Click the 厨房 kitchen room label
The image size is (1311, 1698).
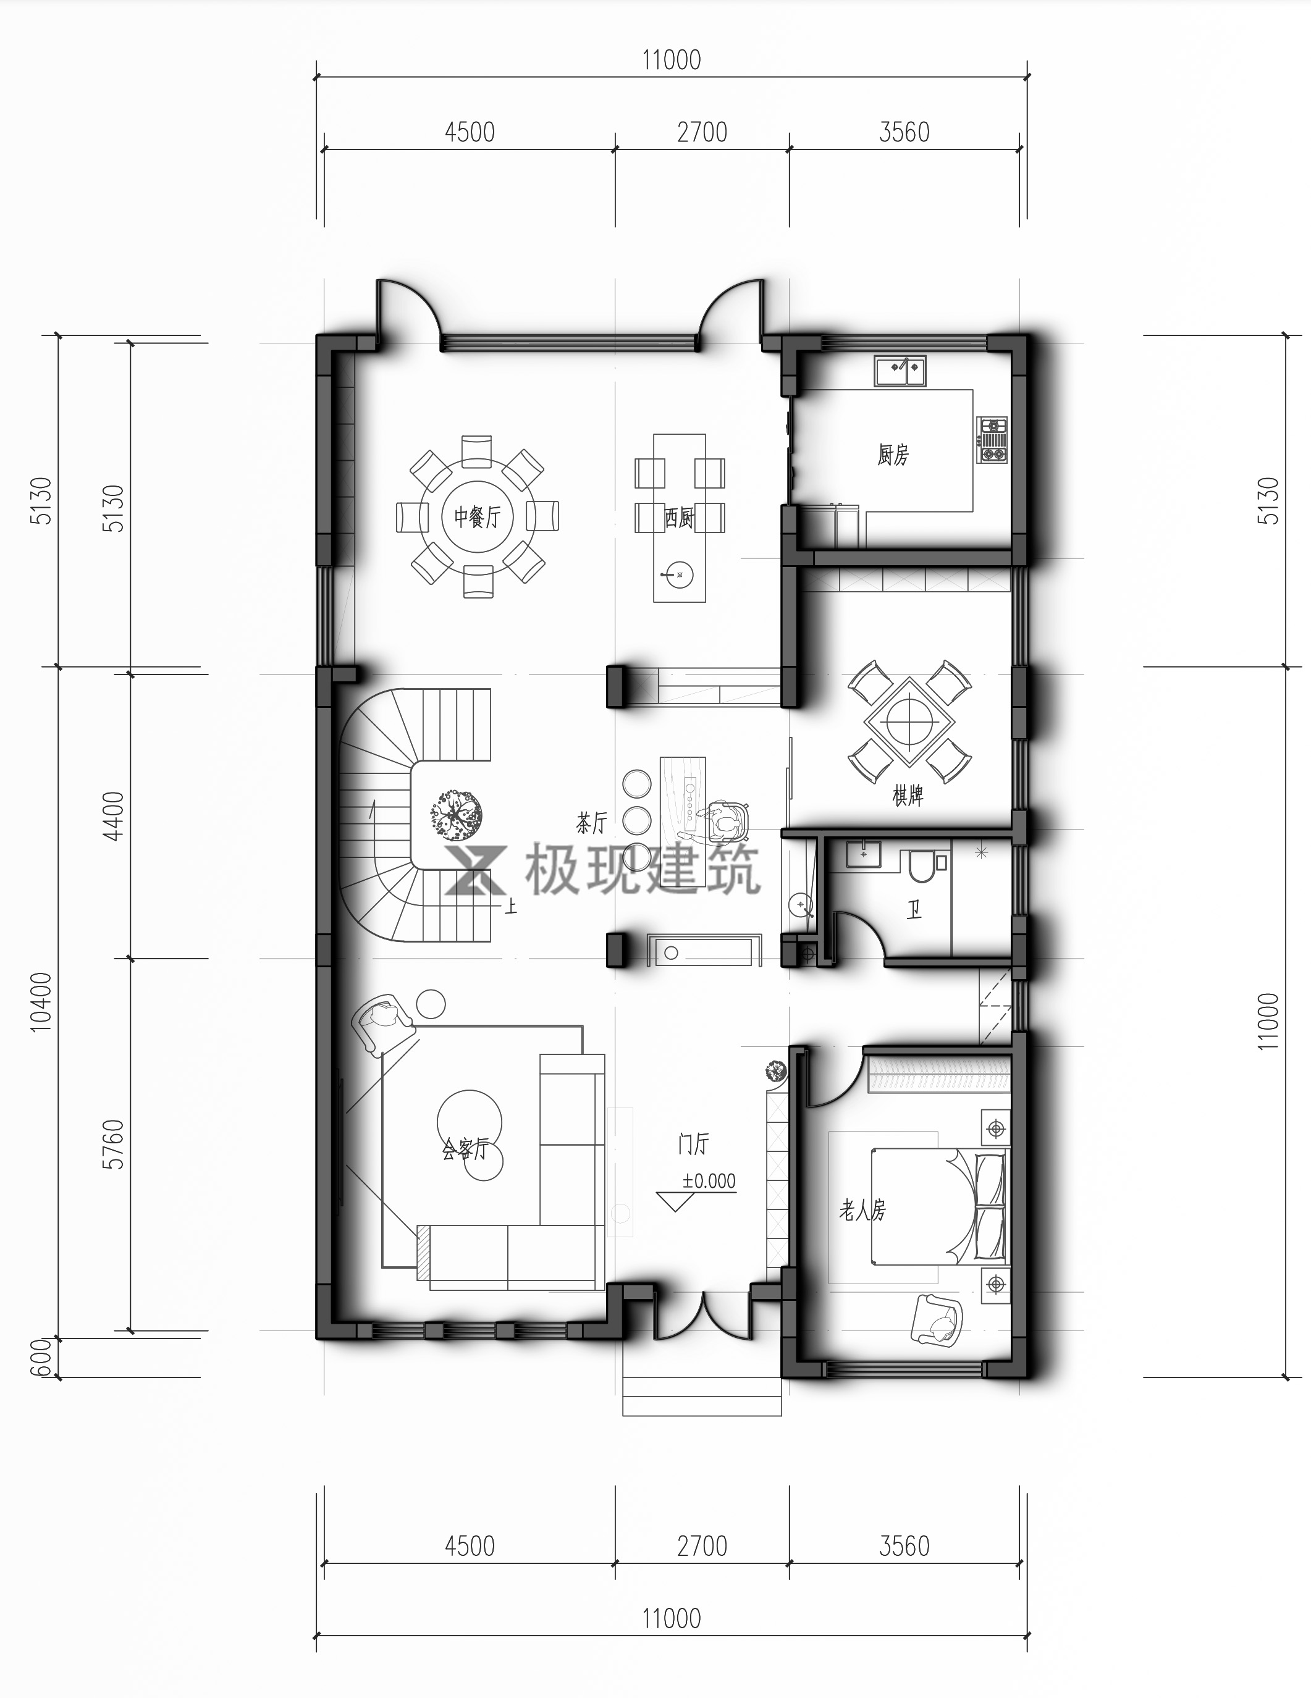pyautogui.click(x=893, y=455)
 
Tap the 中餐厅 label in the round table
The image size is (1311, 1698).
pyautogui.click(x=477, y=516)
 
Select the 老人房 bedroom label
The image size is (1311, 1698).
pyautogui.click(x=862, y=1210)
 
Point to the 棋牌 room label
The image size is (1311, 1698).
pyautogui.click(x=908, y=796)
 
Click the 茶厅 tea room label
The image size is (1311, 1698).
pyautogui.click(x=591, y=823)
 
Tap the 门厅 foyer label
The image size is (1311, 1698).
pyautogui.click(x=693, y=1144)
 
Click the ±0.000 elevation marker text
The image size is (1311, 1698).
pyautogui.click(x=709, y=1181)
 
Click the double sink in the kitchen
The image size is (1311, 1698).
pyautogui.click(x=900, y=370)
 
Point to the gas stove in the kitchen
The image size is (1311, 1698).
pyautogui.click(x=993, y=440)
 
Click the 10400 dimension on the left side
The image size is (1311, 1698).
pyautogui.click(x=41, y=1002)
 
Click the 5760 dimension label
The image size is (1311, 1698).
pyautogui.click(x=114, y=1144)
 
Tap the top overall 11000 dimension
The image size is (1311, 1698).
pyautogui.click(x=671, y=60)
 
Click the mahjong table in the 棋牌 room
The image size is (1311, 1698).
pyautogui.click(x=909, y=723)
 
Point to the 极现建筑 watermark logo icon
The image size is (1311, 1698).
pyautogui.click(x=476, y=869)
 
